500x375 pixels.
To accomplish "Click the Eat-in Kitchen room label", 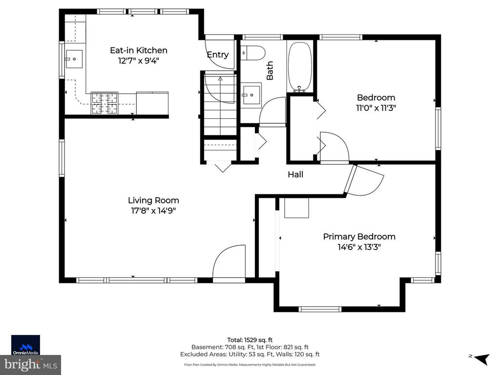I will [138, 50].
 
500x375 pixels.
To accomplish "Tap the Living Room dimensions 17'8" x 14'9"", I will [153, 211].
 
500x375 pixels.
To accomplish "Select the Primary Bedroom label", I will [359, 237].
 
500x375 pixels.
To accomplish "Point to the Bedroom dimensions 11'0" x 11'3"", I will [376, 108].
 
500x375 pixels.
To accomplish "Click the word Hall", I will [295, 174].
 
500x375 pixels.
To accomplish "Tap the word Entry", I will [217, 55].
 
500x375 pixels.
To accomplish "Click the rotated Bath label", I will [270, 70].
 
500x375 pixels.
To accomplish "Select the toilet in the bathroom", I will [253, 52].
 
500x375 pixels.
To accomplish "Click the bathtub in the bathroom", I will [299, 67].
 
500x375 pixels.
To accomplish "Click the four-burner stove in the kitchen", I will [104, 104].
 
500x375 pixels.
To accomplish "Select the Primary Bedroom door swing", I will [365, 180].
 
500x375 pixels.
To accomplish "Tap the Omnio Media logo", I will [25, 343].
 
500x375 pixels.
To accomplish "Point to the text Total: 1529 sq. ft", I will [250, 339].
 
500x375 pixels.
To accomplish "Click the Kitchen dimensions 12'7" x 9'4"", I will [138, 61].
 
